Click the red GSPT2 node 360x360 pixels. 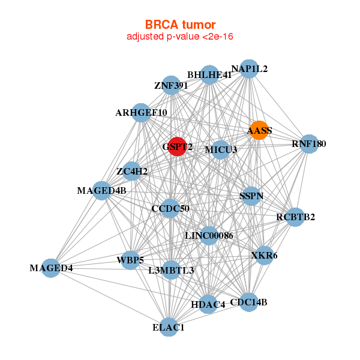pyautogui.click(x=177, y=146)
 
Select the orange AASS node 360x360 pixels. pyautogui.click(x=259, y=130)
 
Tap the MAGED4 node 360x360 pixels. pyautogui.click(x=52, y=268)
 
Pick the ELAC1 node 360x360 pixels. pyautogui.click(x=169, y=327)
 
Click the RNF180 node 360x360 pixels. pyautogui.click(x=308, y=144)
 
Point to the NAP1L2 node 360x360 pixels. pyautogui.click(x=248, y=69)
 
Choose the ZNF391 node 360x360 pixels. pyautogui.click(x=172, y=85)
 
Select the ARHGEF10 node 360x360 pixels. pyautogui.click(x=142, y=112)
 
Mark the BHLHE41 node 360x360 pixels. pyautogui.click(x=209, y=75)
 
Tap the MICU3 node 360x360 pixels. pyautogui.click(x=220, y=149)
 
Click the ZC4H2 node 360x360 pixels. pyautogui.click(x=132, y=172)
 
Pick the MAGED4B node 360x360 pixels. pyautogui.click(x=102, y=191)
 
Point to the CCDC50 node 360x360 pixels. pyautogui.click(x=170, y=208)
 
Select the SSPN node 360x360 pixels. pyautogui.click(x=251, y=196)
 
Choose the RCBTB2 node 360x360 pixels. pyautogui.click(x=295, y=217)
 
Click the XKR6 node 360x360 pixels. pyautogui.click(x=265, y=255)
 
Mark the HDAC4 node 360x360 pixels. pyautogui.click(x=208, y=304)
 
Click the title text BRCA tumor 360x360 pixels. pyautogui.click(x=180, y=25)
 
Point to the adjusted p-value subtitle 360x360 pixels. pyautogui.click(x=180, y=37)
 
